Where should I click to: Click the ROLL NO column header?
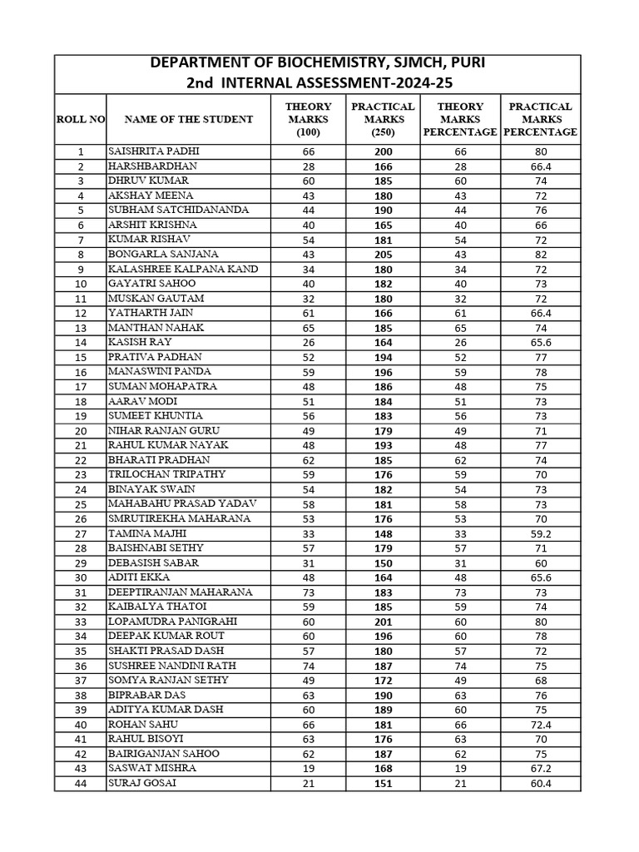pyautogui.click(x=80, y=119)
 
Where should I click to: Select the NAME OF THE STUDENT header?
pyautogui.click(x=188, y=119)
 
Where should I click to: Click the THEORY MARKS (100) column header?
pyautogui.click(x=308, y=119)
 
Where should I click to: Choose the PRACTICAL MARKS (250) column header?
pyautogui.click(x=383, y=119)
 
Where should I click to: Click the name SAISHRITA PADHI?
pyautogui.click(x=154, y=151)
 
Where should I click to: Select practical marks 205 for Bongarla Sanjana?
pyautogui.click(x=383, y=254)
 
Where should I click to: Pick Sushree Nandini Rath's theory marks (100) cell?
pyautogui.click(x=308, y=666)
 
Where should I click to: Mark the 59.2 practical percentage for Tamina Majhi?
pyautogui.click(x=540, y=533)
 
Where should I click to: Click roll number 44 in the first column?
pyautogui.click(x=80, y=783)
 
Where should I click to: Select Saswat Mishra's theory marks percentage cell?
pyautogui.click(x=460, y=768)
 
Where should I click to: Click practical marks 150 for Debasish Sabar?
pyautogui.click(x=383, y=562)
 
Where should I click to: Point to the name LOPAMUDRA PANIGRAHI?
pyautogui.click(x=172, y=622)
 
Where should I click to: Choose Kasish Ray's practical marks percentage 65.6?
pyautogui.click(x=540, y=342)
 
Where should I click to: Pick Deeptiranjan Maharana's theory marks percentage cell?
pyautogui.click(x=460, y=592)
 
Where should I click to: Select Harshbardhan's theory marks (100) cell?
pyautogui.click(x=308, y=166)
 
